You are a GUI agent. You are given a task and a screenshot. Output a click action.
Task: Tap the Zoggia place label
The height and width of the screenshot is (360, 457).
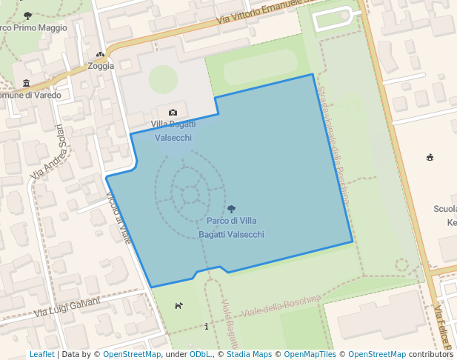coord(101,66)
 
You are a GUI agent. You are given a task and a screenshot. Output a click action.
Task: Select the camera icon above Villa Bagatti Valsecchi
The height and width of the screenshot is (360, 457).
coord(173,113)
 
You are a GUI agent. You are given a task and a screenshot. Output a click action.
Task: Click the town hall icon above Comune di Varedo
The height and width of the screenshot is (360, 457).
coord(27,82)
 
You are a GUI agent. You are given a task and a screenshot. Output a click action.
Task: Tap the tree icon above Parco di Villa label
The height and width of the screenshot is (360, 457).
coord(231,210)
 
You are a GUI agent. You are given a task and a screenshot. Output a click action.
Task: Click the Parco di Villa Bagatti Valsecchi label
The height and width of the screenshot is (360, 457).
coord(231,227)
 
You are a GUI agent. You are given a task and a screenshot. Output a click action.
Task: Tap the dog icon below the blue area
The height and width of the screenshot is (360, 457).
coord(179,305)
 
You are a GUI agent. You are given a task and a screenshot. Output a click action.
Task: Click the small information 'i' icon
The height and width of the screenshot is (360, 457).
coord(206,326)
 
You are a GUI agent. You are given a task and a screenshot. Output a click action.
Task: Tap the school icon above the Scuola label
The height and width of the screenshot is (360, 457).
coord(430,157)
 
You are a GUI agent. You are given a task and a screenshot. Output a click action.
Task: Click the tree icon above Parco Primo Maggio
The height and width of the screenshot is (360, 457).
coord(28,16)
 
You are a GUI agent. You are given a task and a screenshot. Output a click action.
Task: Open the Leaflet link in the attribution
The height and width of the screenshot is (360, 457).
coord(41,354)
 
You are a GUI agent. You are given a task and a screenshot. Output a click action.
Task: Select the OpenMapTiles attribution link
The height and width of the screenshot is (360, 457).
coord(313,354)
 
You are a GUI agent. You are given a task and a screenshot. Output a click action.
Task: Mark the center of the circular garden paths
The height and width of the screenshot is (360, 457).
coord(190,195)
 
